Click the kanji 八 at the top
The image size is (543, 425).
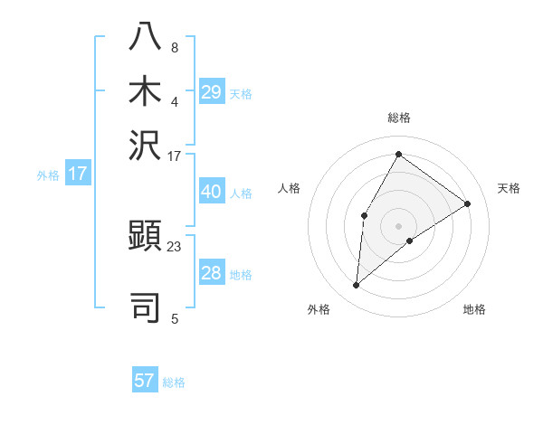(147, 36)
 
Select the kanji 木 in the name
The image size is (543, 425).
(147, 90)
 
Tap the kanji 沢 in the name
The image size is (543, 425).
(147, 145)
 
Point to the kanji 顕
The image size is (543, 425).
(147, 238)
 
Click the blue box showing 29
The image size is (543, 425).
(212, 92)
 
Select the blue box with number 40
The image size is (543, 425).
(212, 193)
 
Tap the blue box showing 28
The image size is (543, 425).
(212, 273)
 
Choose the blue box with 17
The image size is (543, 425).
(78, 174)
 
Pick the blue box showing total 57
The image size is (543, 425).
(145, 381)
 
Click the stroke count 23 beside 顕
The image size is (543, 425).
(174, 245)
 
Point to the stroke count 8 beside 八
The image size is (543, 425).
(174, 47)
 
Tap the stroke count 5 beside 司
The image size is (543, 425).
(174, 317)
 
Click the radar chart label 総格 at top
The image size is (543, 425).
(399, 118)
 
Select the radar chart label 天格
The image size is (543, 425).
(509, 188)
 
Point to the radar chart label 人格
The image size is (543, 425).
(289, 188)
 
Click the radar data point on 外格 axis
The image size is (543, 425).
(357, 286)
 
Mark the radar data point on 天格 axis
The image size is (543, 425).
(468, 203)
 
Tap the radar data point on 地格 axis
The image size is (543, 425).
(410, 241)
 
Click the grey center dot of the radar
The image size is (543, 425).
(399, 225)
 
